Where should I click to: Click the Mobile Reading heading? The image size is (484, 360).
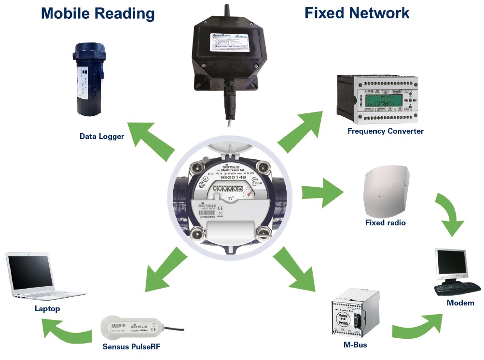coord(98,13)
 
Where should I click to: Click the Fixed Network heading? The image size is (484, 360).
coord(357,13)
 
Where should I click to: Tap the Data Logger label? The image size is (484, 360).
coord(102,137)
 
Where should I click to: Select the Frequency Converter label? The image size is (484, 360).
coord(386,131)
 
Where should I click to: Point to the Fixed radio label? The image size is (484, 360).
coord(386,223)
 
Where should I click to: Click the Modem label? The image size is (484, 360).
coord(460,303)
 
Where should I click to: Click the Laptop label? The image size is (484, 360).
coord(47,308)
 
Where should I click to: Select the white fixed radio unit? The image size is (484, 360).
coord(386,192)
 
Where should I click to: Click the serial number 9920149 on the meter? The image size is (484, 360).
coord(231,178)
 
